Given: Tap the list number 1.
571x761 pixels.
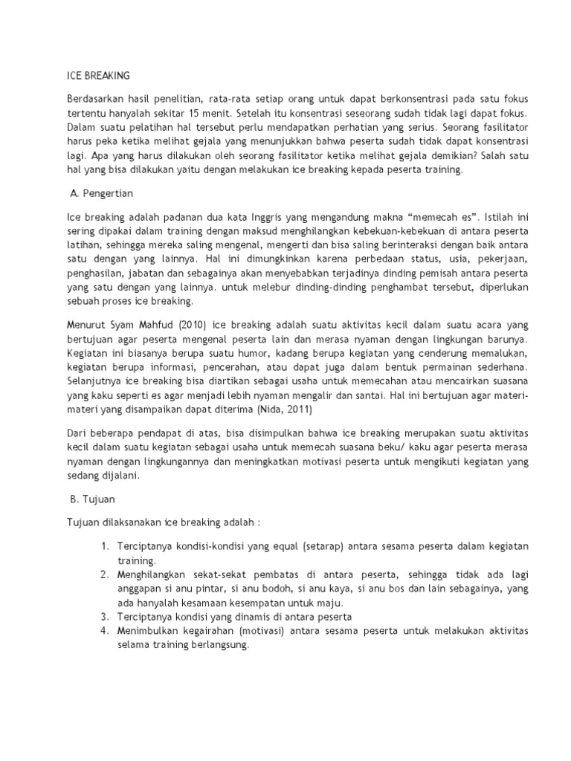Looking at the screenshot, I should tap(104, 546).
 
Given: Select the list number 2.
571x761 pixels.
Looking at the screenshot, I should tap(104, 576).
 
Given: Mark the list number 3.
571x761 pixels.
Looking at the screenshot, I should tap(104, 617).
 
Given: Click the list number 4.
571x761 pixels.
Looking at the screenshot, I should tap(104, 630).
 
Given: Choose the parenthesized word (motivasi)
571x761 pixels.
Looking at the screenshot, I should tap(256, 630).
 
